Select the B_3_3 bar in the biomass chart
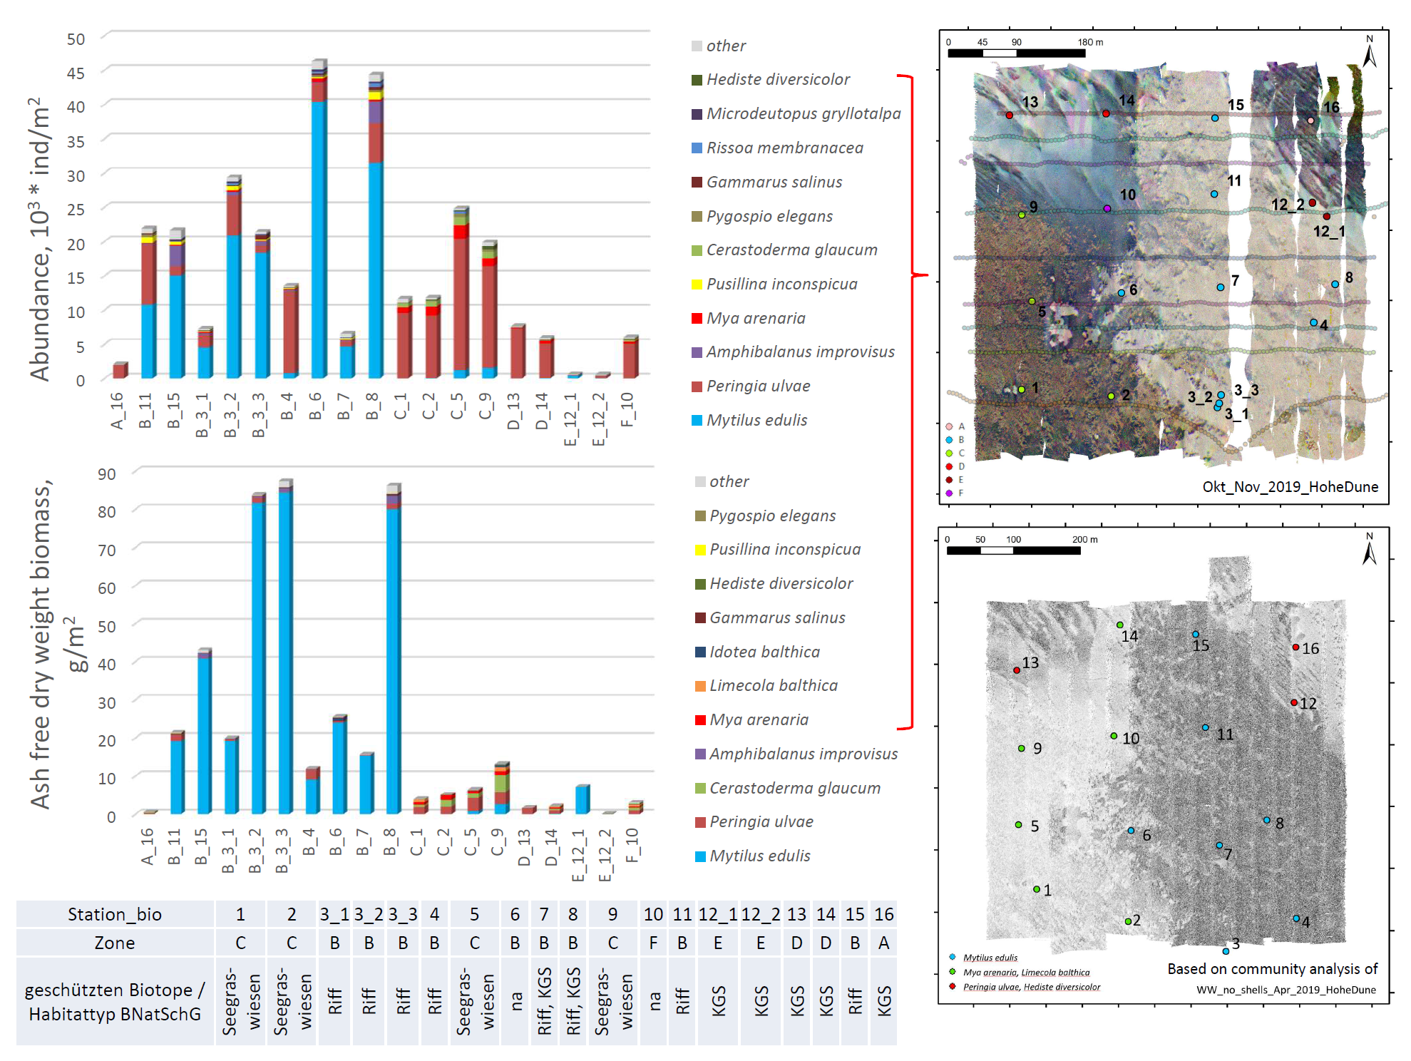click(285, 649)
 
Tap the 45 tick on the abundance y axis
click(76, 73)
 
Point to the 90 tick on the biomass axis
click(107, 474)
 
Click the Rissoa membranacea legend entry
click(784, 148)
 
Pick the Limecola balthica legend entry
click(773, 686)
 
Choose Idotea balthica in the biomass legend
click(764, 652)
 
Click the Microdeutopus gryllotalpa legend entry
click(803, 113)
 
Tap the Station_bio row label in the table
click(115, 914)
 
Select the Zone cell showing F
click(653, 943)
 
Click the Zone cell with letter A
click(883, 943)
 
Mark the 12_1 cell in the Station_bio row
click(718, 914)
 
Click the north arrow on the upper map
click(1369, 53)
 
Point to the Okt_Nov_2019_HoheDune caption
click(1290, 486)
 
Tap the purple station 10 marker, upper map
click(1107, 209)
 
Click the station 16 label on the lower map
click(1310, 648)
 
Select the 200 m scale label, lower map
click(1084, 540)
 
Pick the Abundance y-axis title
click(40, 239)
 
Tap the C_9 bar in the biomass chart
click(502, 788)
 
